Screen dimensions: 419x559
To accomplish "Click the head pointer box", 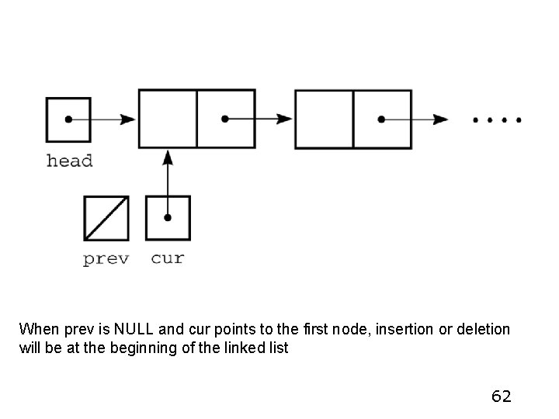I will [x=68, y=119].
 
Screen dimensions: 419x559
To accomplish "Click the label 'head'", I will [x=69, y=161].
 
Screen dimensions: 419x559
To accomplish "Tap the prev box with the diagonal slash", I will [x=106, y=218].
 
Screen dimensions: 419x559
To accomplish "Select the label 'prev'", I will [x=106, y=258].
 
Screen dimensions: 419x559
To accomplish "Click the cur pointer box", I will [x=168, y=218].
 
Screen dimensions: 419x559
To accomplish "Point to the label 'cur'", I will [x=168, y=258].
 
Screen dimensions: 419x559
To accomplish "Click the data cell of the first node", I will [x=168, y=119].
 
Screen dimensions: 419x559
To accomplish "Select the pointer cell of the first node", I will [x=225, y=119].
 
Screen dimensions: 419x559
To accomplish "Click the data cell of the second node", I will [x=325, y=119].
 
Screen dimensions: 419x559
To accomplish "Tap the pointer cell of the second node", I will [x=382, y=119].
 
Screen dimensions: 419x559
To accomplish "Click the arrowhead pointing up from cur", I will [x=168, y=156].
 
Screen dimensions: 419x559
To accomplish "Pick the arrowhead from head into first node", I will [x=128, y=119].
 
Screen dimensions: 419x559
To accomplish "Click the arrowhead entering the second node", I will [x=285, y=119].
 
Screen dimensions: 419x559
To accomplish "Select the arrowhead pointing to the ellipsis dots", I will [x=441, y=119].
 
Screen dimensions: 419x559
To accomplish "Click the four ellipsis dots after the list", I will [x=498, y=120].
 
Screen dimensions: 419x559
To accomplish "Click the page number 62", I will [x=502, y=396].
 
